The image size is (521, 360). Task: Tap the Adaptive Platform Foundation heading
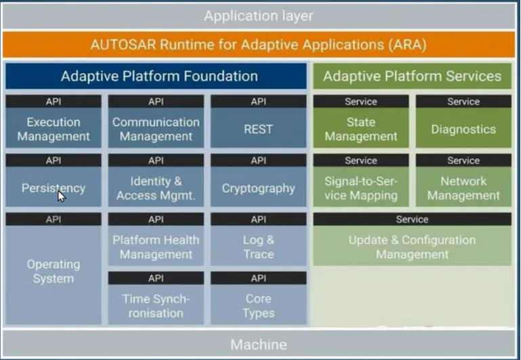point(159,76)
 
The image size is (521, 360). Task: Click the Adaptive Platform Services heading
point(412,76)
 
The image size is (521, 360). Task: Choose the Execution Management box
point(54,129)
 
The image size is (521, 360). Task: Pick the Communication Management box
point(156,129)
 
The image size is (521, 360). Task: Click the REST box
point(258,129)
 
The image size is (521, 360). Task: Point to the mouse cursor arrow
point(61,196)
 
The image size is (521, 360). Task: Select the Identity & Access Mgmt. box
point(156,188)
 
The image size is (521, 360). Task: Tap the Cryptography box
point(258,188)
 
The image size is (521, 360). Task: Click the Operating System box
point(54,271)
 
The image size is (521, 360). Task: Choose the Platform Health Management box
point(156,247)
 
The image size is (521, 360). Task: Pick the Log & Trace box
point(258,247)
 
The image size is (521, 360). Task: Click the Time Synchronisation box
point(156,306)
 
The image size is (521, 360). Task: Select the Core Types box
point(258,306)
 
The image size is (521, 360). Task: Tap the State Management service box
point(360,129)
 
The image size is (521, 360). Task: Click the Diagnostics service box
point(463,129)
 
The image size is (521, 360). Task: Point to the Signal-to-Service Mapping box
point(360,188)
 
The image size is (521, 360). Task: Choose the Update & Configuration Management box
point(412,247)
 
